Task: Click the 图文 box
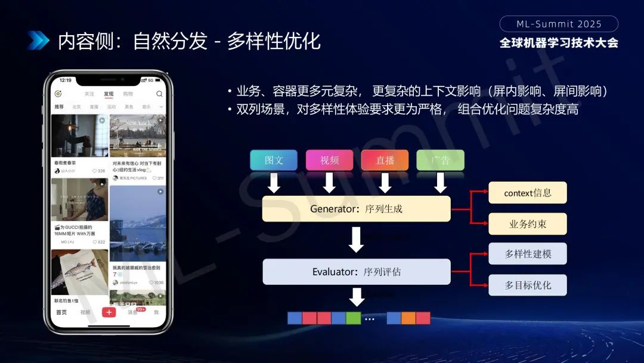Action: click(274, 160)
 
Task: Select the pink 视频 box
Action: click(329, 160)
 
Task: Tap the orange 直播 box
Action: click(385, 160)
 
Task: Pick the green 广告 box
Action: click(440, 160)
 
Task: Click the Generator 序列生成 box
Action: click(356, 209)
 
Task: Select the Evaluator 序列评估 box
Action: click(356, 272)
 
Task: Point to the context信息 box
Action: click(528, 193)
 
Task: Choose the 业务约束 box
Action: click(528, 224)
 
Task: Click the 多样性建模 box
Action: click(528, 254)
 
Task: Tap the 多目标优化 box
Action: click(528, 285)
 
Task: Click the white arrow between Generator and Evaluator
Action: click(356, 239)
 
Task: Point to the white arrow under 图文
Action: click(274, 183)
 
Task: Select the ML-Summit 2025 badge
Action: click(559, 24)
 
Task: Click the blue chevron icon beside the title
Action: click(38, 41)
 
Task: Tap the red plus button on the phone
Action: click(109, 312)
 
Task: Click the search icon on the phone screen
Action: click(159, 94)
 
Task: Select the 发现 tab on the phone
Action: click(109, 94)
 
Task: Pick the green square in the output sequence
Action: click(354, 318)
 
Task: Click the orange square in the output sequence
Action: click(408, 318)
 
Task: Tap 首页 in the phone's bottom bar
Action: click(61, 312)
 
